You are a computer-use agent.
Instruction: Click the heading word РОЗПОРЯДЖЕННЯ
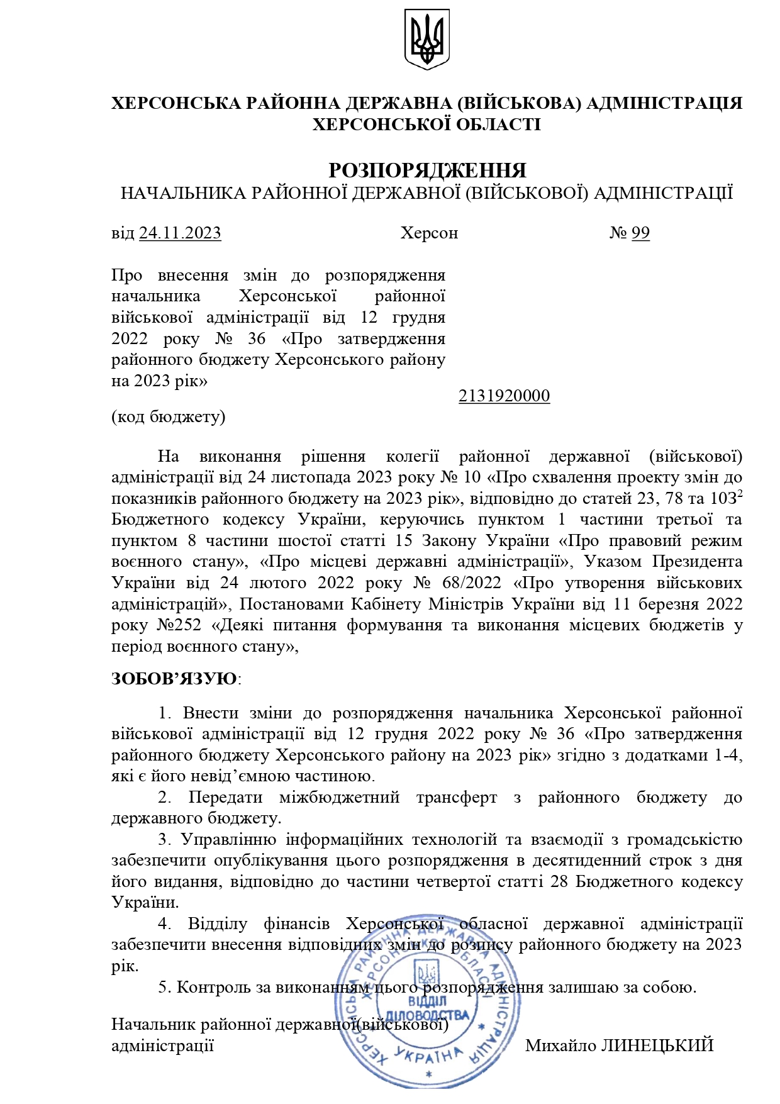click(x=427, y=170)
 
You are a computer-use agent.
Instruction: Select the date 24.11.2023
click(x=180, y=233)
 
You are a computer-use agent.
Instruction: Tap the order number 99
click(x=640, y=233)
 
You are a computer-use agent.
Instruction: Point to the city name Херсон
click(x=429, y=233)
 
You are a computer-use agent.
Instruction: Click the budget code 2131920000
click(x=504, y=396)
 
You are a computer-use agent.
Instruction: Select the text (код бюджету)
click(x=168, y=416)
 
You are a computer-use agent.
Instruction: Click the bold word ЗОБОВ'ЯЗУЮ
click(x=174, y=679)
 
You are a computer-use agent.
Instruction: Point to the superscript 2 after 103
click(x=740, y=494)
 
